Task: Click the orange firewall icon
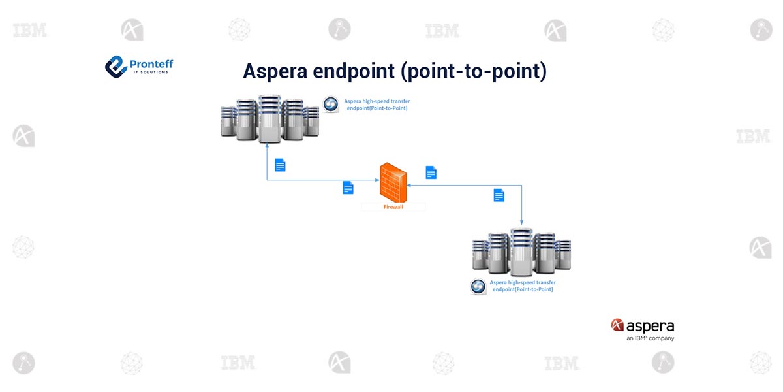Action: (x=393, y=182)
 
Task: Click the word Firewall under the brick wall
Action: (x=393, y=207)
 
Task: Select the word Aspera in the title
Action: (x=275, y=71)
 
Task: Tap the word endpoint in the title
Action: (x=354, y=71)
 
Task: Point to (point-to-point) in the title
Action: (x=474, y=71)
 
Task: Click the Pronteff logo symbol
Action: (x=115, y=67)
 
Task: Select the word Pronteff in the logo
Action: (x=151, y=64)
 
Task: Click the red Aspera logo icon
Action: (x=617, y=325)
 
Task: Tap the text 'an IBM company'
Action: (x=650, y=338)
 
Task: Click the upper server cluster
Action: (x=269, y=119)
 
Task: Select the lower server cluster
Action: (x=521, y=252)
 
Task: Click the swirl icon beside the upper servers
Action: (x=331, y=105)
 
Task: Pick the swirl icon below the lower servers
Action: (x=478, y=287)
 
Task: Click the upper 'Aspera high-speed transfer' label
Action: (x=377, y=105)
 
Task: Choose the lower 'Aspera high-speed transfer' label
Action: (x=523, y=286)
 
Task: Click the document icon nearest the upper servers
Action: (x=280, y=165)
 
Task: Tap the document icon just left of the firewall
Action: (x=348, y=188)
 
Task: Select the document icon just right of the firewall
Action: (x=431, y=172)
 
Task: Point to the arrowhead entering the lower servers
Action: (x=521, y=223)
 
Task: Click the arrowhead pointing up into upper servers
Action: (x=267, y=146)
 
